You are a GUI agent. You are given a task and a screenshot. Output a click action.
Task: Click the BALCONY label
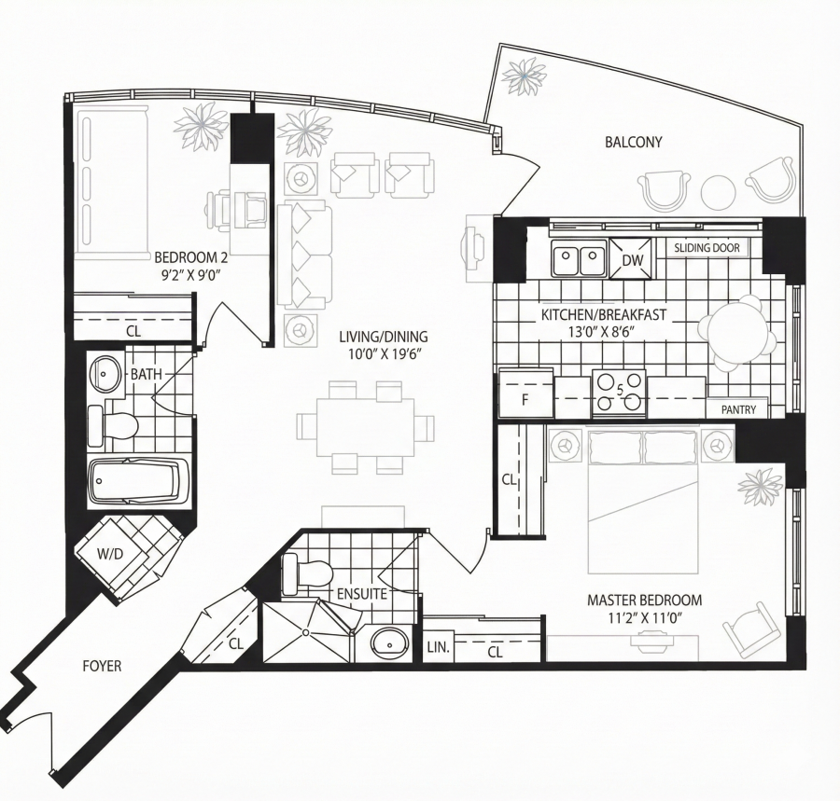point(633,142)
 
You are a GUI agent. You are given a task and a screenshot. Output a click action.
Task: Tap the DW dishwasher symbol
point(632,258)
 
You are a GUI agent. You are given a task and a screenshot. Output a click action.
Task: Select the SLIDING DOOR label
point(707,248)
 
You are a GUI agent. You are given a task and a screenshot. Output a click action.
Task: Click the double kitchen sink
point(579,258)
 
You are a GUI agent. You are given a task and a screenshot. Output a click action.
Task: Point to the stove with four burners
point(620,394)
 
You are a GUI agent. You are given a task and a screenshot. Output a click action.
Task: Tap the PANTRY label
point(738,409)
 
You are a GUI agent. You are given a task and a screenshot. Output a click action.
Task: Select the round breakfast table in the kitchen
point(734,335)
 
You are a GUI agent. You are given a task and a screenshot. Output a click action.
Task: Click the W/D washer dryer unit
point(111,553)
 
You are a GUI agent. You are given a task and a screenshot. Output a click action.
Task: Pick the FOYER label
point(102,666)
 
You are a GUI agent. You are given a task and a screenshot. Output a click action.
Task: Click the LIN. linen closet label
point(439,647)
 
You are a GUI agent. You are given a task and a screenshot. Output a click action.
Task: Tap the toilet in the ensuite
point(306,574)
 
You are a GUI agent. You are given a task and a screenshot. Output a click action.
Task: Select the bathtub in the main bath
point(138,480)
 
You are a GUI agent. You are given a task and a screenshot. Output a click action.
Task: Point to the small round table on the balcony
point(718,192)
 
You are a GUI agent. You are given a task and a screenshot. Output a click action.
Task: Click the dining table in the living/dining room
point(365,427)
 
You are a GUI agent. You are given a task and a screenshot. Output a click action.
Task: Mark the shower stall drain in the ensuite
point(306,632)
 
